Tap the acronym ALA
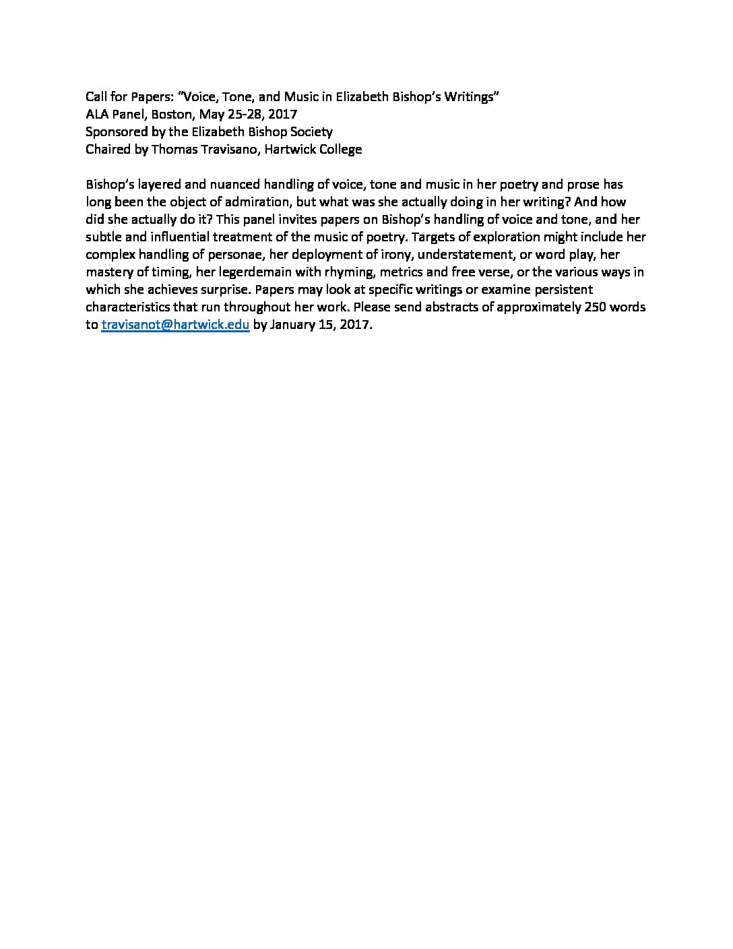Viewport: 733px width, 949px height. pos(97,114)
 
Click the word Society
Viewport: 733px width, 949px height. pos(311,131)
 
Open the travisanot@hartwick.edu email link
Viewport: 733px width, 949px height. pos(175,324)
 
